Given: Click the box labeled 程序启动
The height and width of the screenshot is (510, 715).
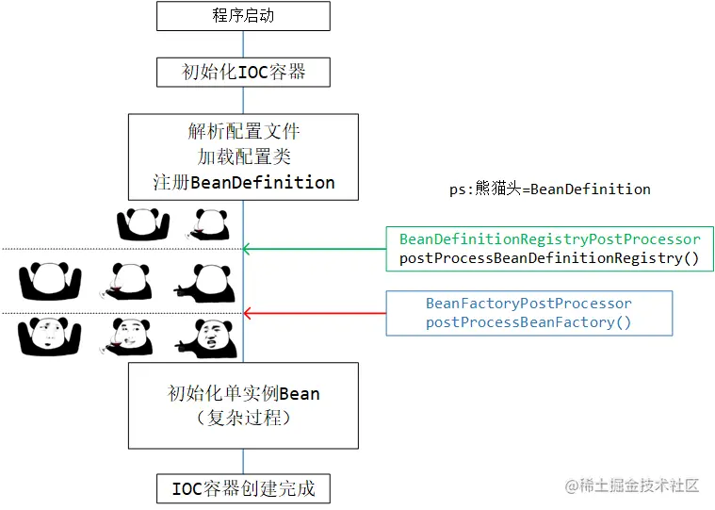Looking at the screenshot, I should click(243, 16).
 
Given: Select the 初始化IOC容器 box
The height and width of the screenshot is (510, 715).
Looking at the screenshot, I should click(243, 72).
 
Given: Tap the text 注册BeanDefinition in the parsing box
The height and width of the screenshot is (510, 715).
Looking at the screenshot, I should click(243, 182).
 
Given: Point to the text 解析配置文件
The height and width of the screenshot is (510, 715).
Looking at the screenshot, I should click(243, 131).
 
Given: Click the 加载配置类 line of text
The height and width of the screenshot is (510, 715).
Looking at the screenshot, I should click(243, 156).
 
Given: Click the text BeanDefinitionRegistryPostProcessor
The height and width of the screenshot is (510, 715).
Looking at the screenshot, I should click(549, 239).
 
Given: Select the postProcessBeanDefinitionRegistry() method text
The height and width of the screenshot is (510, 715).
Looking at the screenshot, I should click(549, 257).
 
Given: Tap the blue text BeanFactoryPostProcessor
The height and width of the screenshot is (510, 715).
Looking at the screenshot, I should click(528, 304).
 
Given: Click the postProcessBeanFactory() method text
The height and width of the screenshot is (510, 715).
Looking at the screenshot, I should click(528, 322).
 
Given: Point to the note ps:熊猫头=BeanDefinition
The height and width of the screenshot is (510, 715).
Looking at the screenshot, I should click(549, 189).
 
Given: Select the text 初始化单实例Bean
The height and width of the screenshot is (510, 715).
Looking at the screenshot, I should click(243, 393).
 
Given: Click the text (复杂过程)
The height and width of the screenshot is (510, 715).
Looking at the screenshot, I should click(243, 417).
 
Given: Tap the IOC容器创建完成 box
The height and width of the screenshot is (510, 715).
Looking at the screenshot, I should click(243, 488).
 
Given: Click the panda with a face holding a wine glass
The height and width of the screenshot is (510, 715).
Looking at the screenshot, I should click(126, 337).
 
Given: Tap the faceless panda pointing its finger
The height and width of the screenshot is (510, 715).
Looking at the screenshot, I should click(203, 281).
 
